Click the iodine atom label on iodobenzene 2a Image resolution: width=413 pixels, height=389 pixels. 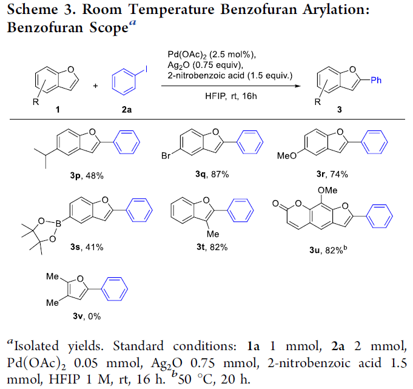pyautogui.click(x=146, y=69)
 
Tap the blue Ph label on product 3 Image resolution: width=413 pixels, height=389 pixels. pyautogui.click(x=376, y=80)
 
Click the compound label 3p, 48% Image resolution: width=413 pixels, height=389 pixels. pyautogui.click(x=87, y=175)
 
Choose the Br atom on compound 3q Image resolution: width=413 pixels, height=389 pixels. pyautogui.click(x=166, y=156)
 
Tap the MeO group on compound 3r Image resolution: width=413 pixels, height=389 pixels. pyautogui.click(x=287, y=156)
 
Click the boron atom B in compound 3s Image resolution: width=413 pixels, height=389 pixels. pyautogui.click(x=58, y=224)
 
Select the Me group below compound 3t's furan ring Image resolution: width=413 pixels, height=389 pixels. pyautogui.click(x=213, y=234)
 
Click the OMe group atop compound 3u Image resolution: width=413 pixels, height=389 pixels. pyautogui.click(x=327, y=190)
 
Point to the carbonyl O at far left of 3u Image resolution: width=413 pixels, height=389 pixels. pyautogui.click(x=275, y=203)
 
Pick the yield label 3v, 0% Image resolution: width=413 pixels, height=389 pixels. pyautogui.click(x=87, y=316)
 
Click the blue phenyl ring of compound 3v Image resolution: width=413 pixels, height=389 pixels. pyautogui.click(x=115, y=289)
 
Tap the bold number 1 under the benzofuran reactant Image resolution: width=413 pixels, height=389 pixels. pyautogui.click(x=58, y=109)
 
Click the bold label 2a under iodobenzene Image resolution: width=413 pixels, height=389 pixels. pyautogui.click(x=127, y=109)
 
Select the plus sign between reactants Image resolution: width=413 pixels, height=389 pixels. pyautogui.click(x=95, y=86)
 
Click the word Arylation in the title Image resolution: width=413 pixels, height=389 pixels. pyautogui.click(x=336, y=10)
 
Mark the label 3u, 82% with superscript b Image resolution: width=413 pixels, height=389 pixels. pyautogui.click(x=328, y=250)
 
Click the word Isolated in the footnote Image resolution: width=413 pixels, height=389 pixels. pyautogui.click(x=36, y=346)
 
